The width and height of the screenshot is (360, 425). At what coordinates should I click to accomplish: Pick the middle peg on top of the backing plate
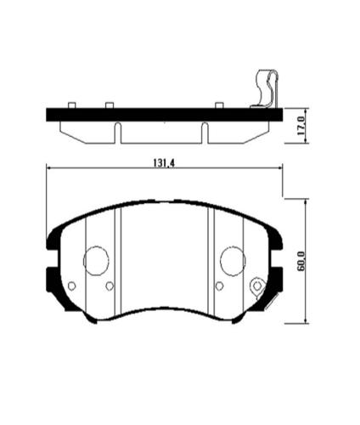click(109, 105)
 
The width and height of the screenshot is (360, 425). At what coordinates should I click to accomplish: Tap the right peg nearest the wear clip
click(219, 105)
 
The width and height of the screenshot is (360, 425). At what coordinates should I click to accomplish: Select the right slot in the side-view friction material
click(204, 132)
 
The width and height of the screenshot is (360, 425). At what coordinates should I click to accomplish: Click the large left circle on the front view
click(96, 260)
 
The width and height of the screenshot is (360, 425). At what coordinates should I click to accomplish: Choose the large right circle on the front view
click(232, 260)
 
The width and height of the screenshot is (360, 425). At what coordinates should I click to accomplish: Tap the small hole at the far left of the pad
click(72, 286)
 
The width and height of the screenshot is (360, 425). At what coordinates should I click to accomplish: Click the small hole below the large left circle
click(110, 286)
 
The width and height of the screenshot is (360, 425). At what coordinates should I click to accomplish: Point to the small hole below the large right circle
click(218, 286)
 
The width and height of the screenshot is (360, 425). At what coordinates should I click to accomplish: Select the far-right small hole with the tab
click(256, 286)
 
